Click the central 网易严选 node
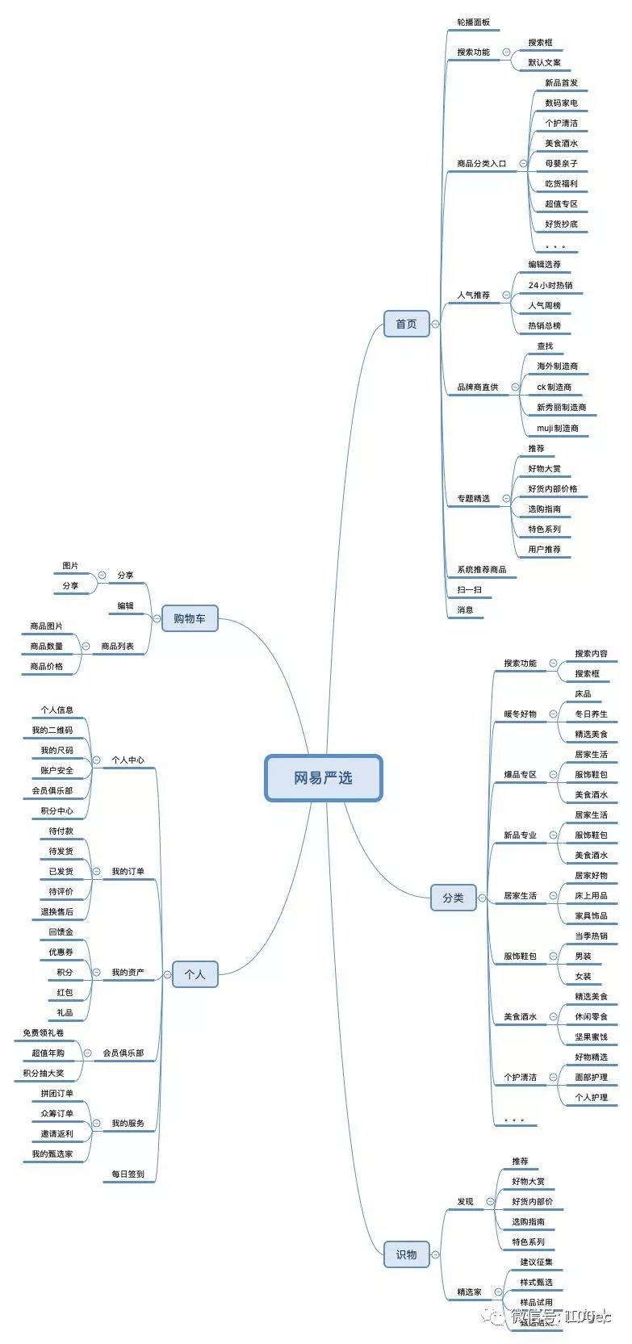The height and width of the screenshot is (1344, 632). point(323,778)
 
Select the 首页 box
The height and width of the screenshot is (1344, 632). point(406,324)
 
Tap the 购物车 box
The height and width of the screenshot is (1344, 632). point(190,619)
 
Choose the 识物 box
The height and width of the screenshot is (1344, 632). point(406,1254)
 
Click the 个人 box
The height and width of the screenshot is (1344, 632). point(195,974)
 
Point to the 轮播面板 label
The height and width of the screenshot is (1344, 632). point(473,23)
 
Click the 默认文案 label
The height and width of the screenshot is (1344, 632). point(545,63)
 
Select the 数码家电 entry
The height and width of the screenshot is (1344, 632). point(561,103)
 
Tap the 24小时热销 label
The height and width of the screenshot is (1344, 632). point(550,286)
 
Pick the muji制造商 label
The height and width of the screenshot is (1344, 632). point(558,429)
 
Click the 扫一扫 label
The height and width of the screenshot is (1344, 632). point(469,590)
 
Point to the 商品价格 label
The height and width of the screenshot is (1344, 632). point(46,667)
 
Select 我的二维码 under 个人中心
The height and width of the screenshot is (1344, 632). point(52,731)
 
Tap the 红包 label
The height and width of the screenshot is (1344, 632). point(65,993)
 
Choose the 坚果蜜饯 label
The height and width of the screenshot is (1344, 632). point(591,1037)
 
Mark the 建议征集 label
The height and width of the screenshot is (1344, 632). point(537,1262)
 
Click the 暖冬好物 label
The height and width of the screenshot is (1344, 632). point(520,714)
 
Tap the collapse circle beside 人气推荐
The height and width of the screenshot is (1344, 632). point(507,295)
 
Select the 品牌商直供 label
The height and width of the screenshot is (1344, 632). point(478,387)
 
